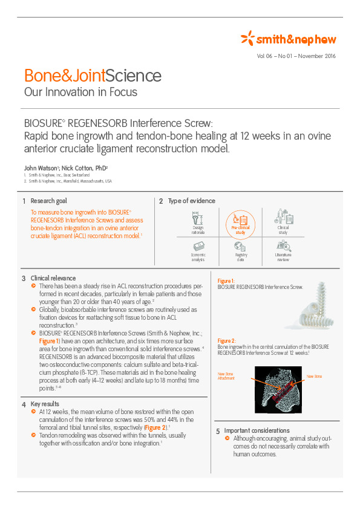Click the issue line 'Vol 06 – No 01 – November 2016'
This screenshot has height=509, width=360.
coord(296,56)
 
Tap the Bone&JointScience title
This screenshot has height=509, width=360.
coord(93,76)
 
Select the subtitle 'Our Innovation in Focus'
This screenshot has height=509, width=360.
coord(80,92)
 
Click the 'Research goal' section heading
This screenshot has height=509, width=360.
coord(48,201)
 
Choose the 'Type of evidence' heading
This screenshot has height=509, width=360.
coord(191,201)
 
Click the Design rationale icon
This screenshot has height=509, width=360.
coord(198,219)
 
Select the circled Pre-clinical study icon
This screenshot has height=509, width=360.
coord(240,222)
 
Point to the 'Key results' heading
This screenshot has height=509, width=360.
coord(45,403)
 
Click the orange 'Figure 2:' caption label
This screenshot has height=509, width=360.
coord(227,340)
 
